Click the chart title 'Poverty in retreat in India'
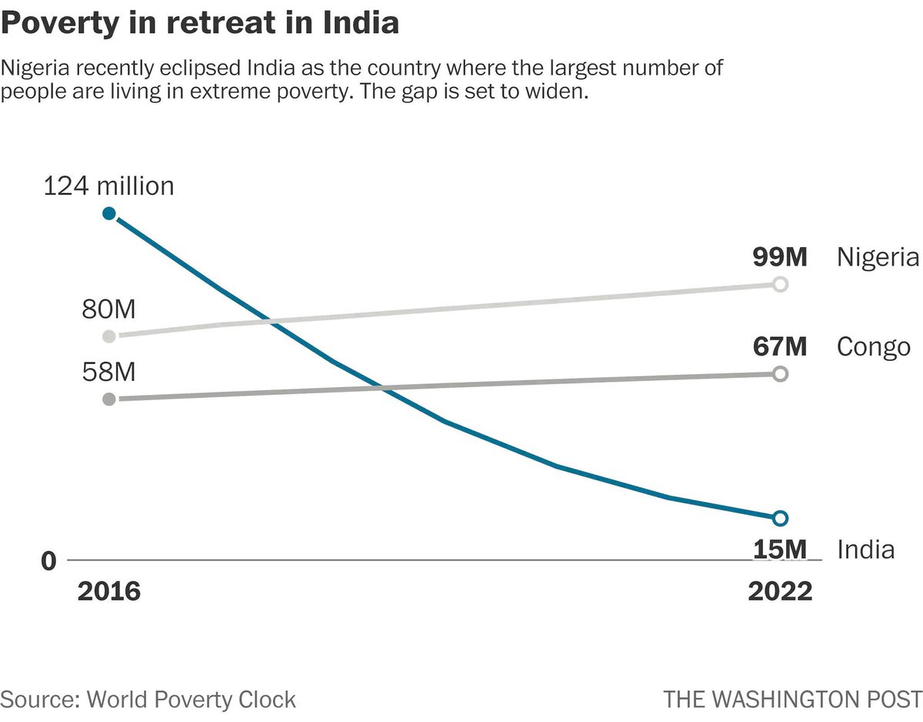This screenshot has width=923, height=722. click(x=200, y=23)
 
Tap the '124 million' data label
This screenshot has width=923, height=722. click(x=108, y=186)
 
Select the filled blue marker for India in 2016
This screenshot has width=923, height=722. click(x=109, y=213)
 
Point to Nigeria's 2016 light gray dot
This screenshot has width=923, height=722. click(x=109, y=336)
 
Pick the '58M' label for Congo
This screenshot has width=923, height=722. click(x=108, y=373)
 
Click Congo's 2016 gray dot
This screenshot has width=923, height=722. click(x=109, y=399)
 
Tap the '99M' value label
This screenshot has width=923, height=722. click(x=779, y=257)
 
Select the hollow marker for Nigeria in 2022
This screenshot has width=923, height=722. click(x=779, y=285)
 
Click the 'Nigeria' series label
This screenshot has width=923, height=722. click(x=878, y=257)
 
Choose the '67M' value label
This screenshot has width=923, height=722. click(x=779, y=346)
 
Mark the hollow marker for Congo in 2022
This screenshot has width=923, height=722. click(x=779, y=373)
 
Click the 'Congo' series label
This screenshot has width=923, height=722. click(x=873, y=346)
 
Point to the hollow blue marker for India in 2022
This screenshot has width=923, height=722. click(x=779, y=517)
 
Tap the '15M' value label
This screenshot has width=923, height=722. click(x=779, y=550)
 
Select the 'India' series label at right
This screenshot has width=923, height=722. click(x=865, y=550)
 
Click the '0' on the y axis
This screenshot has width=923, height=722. click(x=49, y=561)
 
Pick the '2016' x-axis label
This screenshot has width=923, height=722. click(x=109, y=591)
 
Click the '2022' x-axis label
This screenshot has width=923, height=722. click(x=779, y=591)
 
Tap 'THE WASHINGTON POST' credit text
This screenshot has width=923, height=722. click(x=792, y=699)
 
